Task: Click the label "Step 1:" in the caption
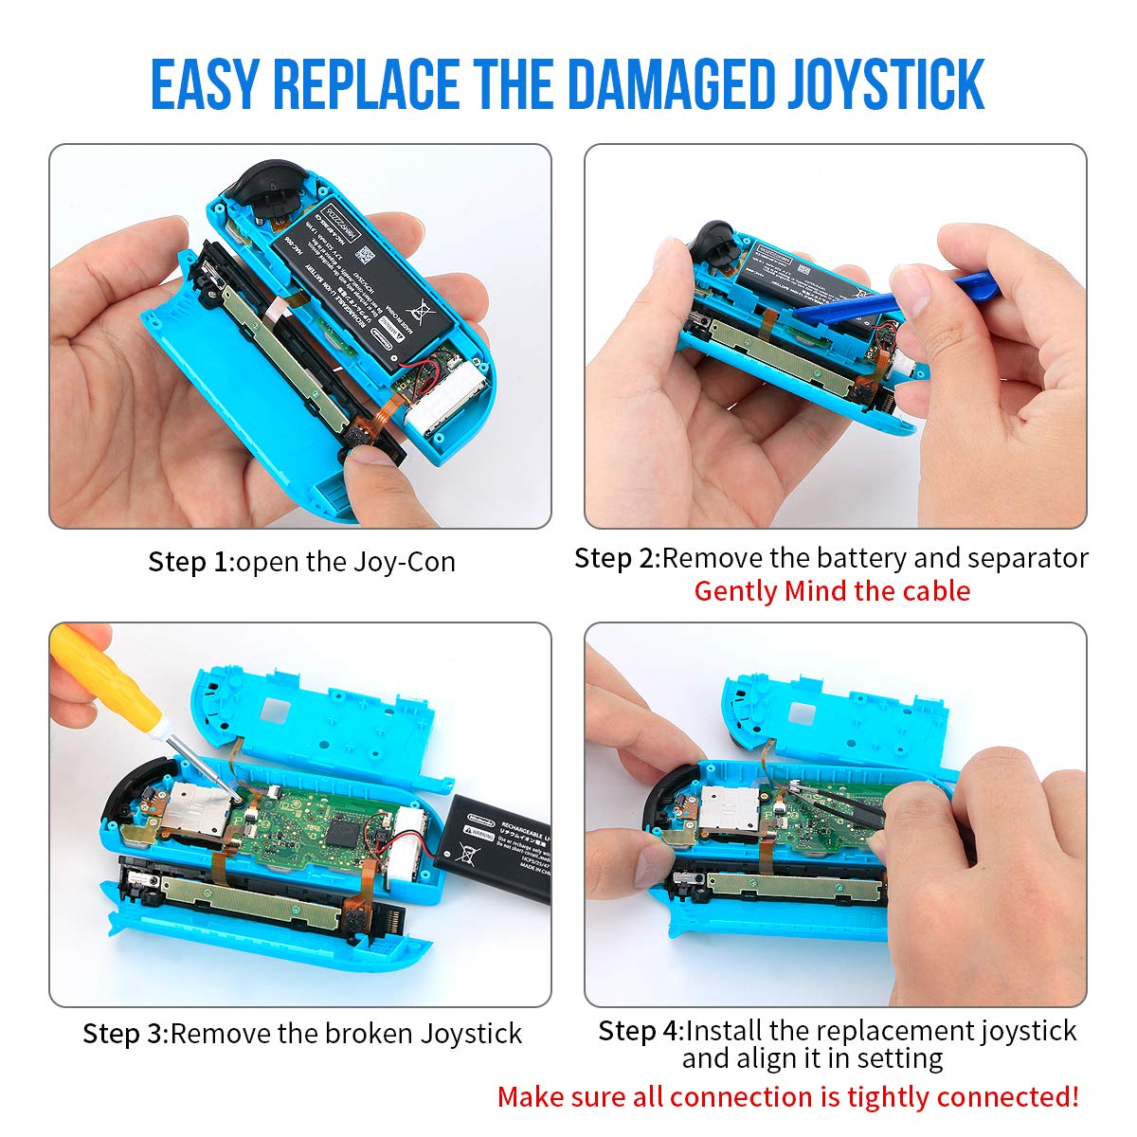189,562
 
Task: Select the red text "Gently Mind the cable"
832,591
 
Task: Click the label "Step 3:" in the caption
124,1033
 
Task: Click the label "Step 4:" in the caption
640,1030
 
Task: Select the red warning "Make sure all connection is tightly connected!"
787,1097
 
